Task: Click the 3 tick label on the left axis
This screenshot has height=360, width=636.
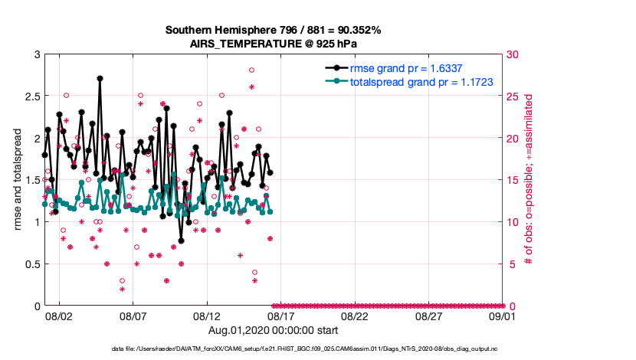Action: [35, 54]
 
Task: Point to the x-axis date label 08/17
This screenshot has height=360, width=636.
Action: [281, 316]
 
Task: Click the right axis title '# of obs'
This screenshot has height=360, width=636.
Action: [529, 180]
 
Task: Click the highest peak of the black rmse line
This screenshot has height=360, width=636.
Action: [100, 78]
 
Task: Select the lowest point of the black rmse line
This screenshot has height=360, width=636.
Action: [182, 241]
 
